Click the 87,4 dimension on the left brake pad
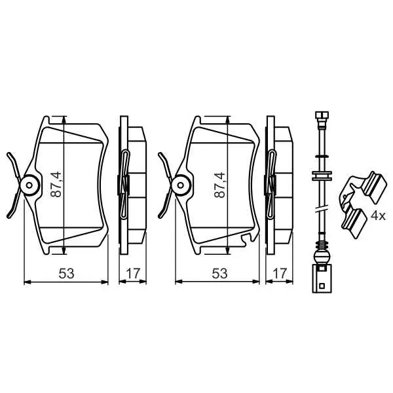pyautogui.click(x=56, y=184)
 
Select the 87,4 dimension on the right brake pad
pyautogui.click(x=220, y=185)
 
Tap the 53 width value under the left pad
pyautogui.click(x=66, y=273)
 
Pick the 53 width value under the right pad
pyautogui.click(x=219, y=273)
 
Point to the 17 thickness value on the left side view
pyautogui.click(x=132, y=273)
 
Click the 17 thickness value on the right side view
pyautogui.click(x=279, y=273)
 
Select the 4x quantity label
pyautogui.click(x=378, y=215)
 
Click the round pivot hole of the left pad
pyautogui.click(x=29, y=185)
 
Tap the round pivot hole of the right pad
pyautogui.click(x=181, y=185)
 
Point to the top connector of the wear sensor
pyautogui.click(x=322, y=117)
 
